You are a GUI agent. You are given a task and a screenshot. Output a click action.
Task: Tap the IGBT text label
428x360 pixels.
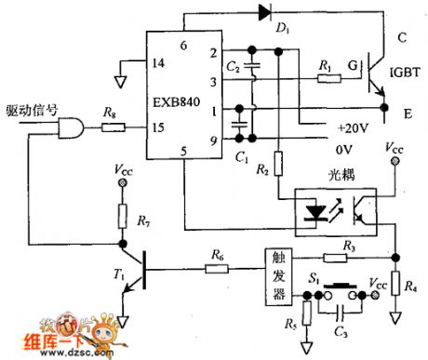(406, 73)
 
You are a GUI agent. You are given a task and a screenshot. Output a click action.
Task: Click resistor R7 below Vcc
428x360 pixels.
(121, 218)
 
